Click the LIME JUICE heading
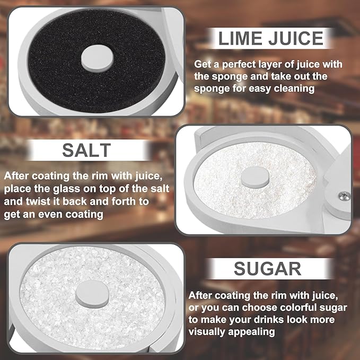click(x=271, y=38)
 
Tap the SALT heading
click(x=86, y=151)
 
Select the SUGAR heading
click(x=267, y=269)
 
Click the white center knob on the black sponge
click(x=98, y=58)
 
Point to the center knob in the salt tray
click(x=255, y=177)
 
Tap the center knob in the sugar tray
click(x=92, y=295)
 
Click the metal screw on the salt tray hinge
click(x=345, y=196)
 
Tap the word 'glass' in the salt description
click(x=67, y=189)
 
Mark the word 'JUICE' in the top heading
click(x=296, y=38)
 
